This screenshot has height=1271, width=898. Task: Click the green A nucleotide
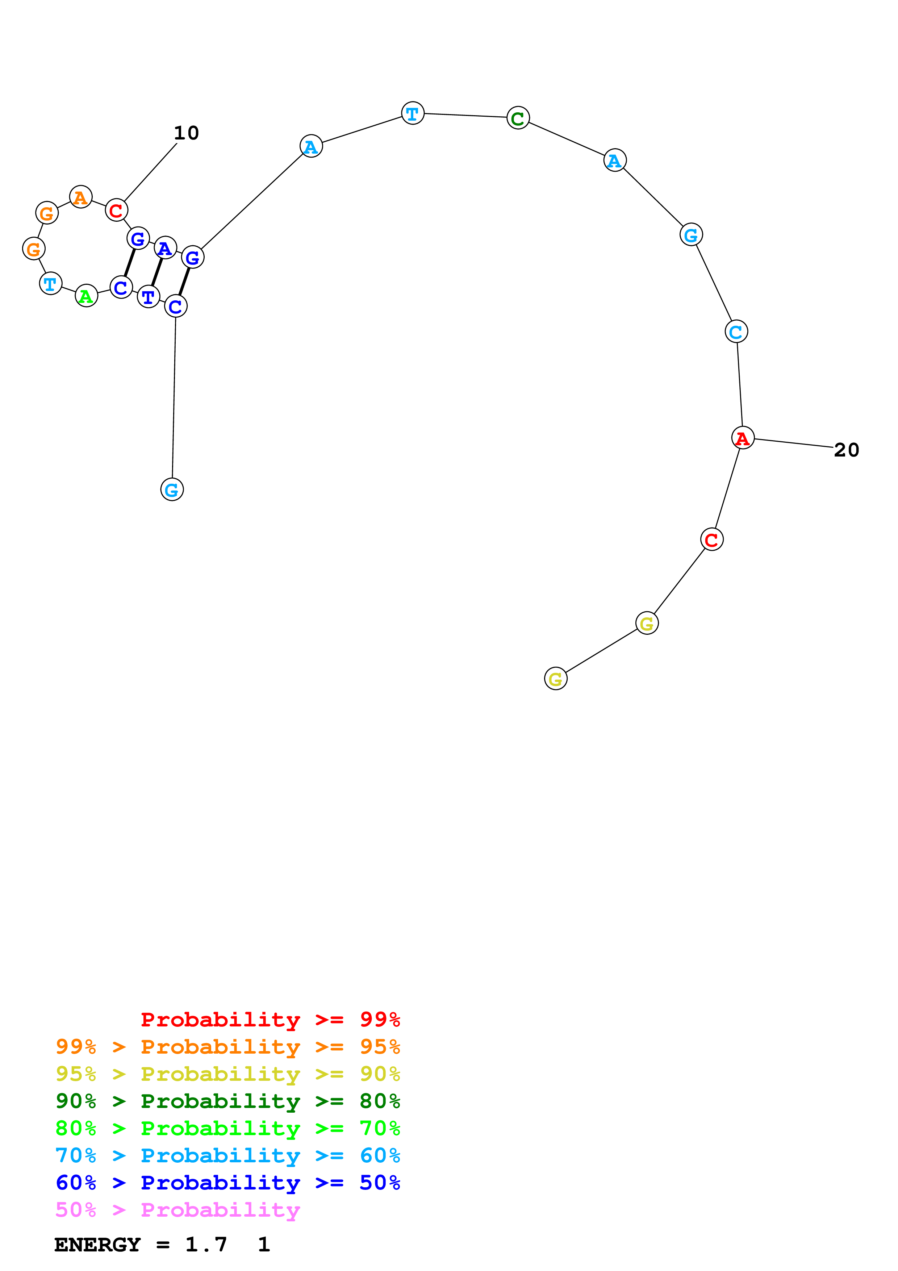pyautogui.click(x=86, y=296)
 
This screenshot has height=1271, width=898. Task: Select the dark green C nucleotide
pyautogui.click(x=518, y=118)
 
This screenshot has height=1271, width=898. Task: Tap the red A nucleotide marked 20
pyautogui.click(x=743, y=438)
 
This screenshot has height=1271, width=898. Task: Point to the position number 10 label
pyautogui.click(x=187, y=133)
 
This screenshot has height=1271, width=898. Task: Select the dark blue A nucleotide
pyautogui.click(x=165, y=248)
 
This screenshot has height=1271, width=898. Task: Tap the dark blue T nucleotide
pyautogui.click(x=148, y=297)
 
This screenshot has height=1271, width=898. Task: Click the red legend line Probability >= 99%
pyautogui.click(x=270, y=1020)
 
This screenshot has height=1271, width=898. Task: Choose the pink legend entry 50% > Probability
pyautogui.click(x=177, y=1210)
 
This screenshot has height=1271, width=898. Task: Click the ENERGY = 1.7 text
pyautogui.click(x=141, y=1245)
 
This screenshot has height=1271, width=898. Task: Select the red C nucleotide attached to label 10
pyautogui.click(x=116, y=211)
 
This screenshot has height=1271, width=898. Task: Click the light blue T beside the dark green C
pyautogui.click(x=412, y=113)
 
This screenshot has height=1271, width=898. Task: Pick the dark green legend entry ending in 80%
pyautogui.click(x=227, y=1101)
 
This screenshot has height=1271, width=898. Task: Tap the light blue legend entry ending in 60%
pyautogui.click(x=227, y=1156)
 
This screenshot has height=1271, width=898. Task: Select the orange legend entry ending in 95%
pyautogui.click(x=227, y=1047)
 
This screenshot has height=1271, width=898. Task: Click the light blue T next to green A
pyautogui.click(x=50, y=283)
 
